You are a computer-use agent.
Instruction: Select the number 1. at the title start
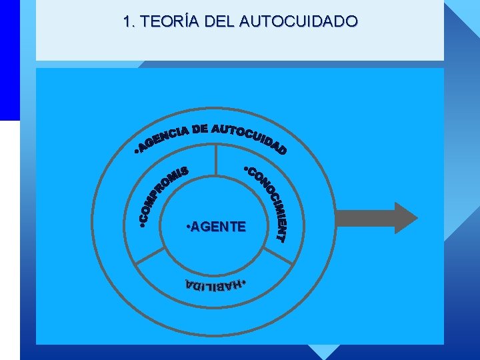click(128, 21)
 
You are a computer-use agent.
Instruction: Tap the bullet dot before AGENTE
click(187, 227)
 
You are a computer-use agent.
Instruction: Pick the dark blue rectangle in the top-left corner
click(9, 60)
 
